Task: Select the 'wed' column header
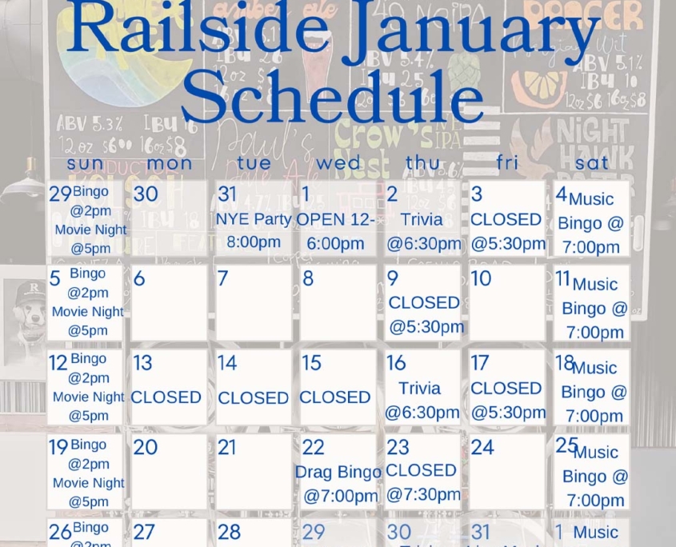[338, 163]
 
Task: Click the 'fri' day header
[507, 163]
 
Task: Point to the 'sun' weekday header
[85, 163]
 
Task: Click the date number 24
[482, 447]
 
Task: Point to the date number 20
[146, 447]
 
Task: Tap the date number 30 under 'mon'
[146, 194]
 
